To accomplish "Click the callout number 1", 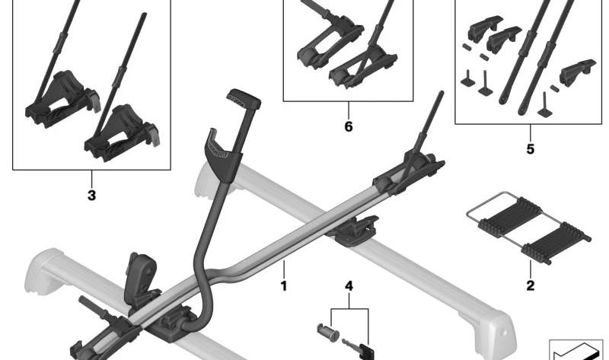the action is (x=284, y=287).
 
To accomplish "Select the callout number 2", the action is (x=531, y=286).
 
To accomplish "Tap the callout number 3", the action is (x=91, y=196).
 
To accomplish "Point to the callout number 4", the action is (x=349, y=287).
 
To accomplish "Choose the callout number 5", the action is (x=531, y=148).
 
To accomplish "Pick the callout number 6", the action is (x=349, y=126).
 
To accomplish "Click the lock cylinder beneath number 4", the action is (x=328, y=333).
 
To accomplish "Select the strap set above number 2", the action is (x=528, y=228).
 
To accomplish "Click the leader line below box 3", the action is (x=91, y=178).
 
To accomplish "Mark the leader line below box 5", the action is (x=531, y=132).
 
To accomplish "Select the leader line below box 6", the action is (x=349, y=110).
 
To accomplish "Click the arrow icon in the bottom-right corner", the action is (x=579, y=352).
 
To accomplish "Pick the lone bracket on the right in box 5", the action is (x=577, y=72).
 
